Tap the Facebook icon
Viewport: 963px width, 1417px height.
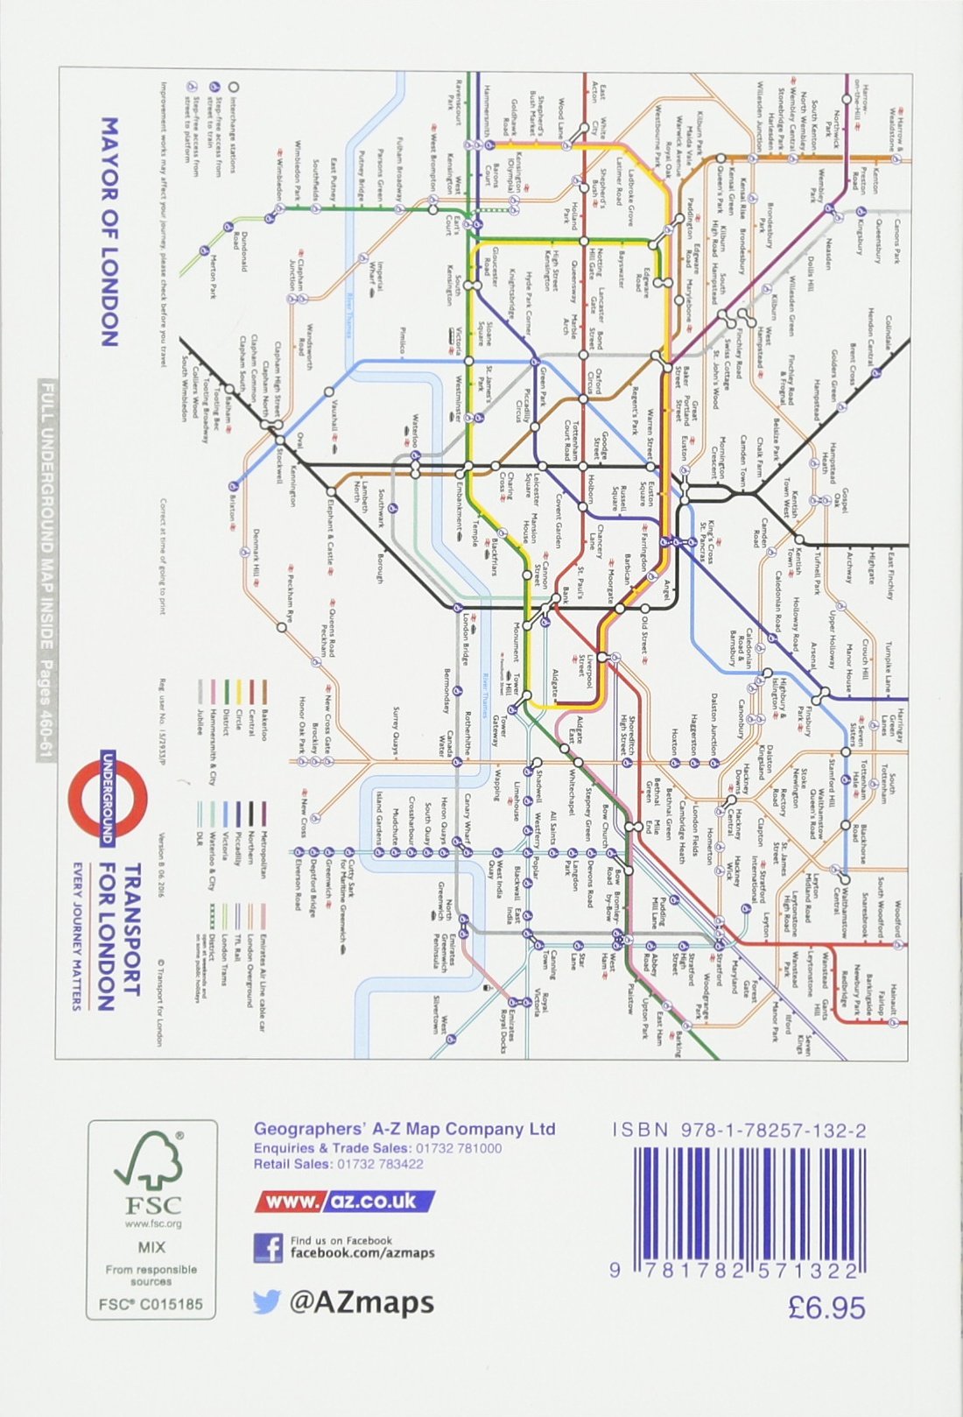268,1248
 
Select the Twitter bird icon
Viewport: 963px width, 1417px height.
266,1302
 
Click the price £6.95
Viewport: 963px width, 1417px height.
826,1308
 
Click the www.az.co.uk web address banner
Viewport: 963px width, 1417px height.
344,1202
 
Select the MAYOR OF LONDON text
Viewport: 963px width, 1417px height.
110,232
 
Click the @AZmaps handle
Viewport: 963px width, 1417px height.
362,1302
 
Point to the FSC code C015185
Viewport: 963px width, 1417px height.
151,1304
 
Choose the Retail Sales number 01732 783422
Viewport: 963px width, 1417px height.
379,1164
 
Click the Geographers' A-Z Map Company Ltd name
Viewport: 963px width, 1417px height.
404,1129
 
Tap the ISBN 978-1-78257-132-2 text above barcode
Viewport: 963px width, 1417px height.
740,1131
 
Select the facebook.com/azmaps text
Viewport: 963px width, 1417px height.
362,1253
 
